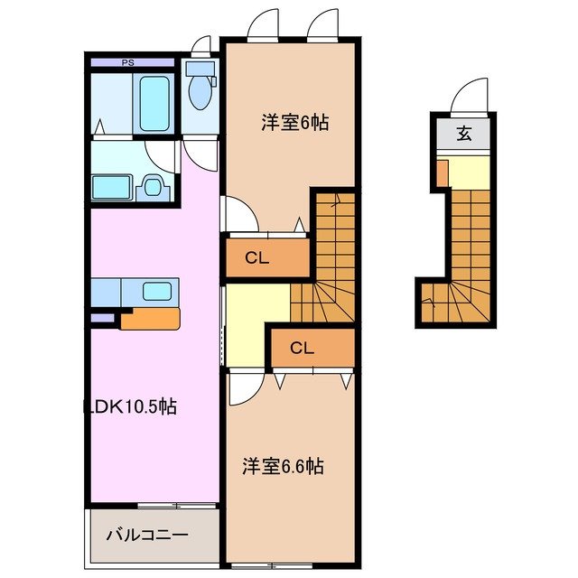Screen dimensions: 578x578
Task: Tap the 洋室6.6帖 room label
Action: pos(283,467)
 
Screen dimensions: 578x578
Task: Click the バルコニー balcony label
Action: pos(149,535)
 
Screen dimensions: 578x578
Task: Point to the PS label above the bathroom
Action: pos(128,63)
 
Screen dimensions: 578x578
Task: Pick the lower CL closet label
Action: pos(302,348)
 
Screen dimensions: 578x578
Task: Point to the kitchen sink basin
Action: pos(157,291)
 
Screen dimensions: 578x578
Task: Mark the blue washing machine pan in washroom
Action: pos(112,188)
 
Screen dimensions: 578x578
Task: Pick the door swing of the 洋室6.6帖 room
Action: pos(239,389)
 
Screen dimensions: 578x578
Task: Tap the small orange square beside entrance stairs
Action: pos(442,170)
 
